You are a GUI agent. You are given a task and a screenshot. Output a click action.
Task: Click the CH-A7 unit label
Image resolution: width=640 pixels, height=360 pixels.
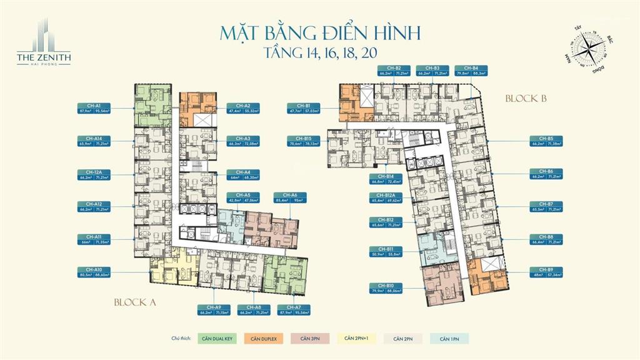point(294,307)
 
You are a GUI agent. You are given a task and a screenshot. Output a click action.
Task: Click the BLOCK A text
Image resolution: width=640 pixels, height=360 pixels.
point(134,302)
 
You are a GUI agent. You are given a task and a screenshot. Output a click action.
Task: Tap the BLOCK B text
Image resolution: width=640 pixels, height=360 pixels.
point(526,98)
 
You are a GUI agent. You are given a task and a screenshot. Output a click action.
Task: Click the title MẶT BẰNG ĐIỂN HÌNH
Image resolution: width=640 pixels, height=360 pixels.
point(320,32)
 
